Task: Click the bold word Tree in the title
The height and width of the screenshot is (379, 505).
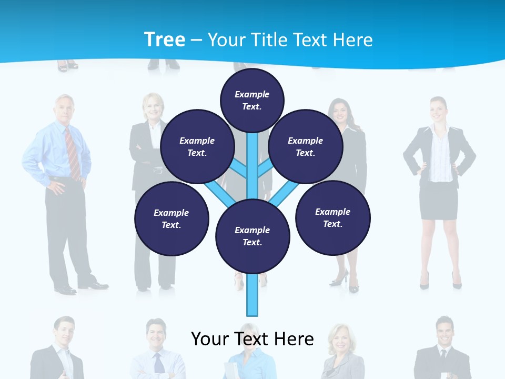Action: point(165,39)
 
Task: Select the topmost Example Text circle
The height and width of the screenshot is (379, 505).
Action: point(252,100)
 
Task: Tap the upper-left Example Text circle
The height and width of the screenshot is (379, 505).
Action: point(197,146)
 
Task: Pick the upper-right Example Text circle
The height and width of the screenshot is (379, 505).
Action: point(306,146)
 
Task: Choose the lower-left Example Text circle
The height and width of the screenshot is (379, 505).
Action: point(171,218)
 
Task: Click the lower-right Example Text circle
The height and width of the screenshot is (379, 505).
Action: point(333,217)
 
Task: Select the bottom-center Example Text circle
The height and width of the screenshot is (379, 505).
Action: point(252,236)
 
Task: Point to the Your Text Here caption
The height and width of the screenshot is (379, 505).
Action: point(252,338)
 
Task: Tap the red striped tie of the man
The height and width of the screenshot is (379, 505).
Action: point(72,153)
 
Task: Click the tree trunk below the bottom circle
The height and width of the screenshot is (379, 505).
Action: point(252,295)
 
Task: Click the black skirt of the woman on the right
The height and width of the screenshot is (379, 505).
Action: point(438,200)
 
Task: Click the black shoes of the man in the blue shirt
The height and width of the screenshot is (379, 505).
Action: point(79,287)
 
